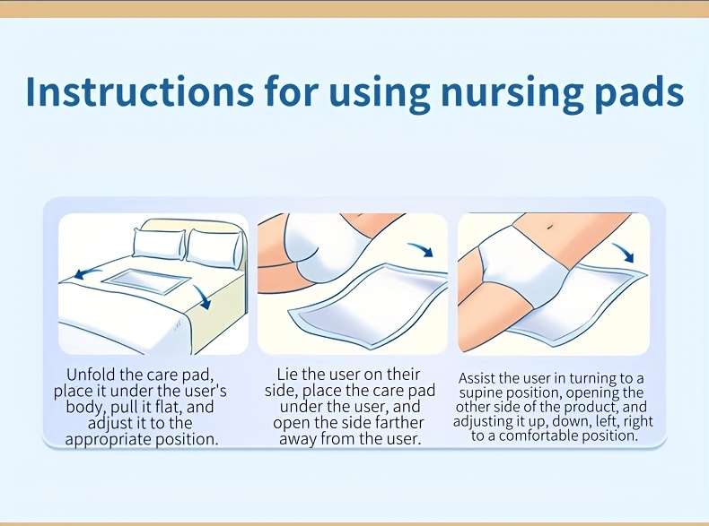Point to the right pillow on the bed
[x=215, y=247]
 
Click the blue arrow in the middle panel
[x=421, y=249]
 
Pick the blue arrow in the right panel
[x=624, y=252]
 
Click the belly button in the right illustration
[x=549, y=226]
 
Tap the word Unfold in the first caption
[x=91, y=375]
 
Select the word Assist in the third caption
[x=477, y=377]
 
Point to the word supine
[x=481, y=392]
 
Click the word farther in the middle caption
[x=400, y=423]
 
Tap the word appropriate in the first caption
[x=109, y=439]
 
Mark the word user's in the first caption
[x=206, y=391]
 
